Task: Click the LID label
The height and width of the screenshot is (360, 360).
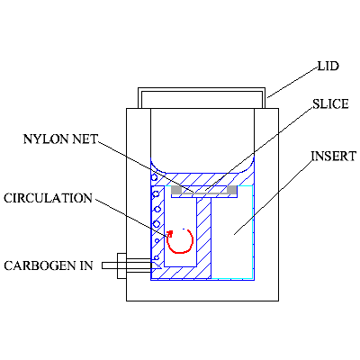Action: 328,66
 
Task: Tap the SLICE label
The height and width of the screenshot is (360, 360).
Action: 330,104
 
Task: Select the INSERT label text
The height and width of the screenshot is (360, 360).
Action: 334,157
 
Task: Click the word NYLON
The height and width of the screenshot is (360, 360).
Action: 46,139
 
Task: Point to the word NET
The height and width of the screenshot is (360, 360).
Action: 85,139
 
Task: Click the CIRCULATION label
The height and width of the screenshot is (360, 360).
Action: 48,198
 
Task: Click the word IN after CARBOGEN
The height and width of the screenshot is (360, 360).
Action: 86,265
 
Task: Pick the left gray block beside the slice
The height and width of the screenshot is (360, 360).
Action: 176,190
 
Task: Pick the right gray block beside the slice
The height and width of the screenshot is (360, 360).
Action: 232,190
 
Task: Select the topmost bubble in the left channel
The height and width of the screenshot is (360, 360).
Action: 154,177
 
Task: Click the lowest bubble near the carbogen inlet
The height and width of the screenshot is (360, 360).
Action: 157,257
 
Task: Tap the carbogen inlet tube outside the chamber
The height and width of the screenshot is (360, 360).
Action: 126,265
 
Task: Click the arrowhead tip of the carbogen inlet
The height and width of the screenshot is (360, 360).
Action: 161,265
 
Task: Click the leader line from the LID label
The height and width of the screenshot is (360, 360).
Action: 292,83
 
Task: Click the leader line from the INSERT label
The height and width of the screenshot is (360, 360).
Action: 273,197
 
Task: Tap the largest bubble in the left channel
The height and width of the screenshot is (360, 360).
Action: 156,223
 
